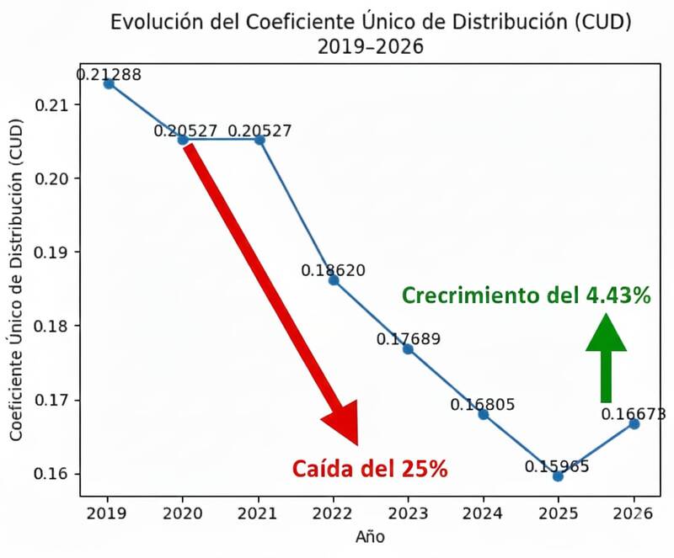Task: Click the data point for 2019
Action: tap(109, 83)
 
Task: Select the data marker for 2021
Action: tap(259, 139)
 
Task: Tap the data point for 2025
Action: tap(558, 476)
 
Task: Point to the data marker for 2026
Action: tap(634, 423)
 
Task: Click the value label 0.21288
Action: tap(109, 74)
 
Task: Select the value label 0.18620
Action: tap(334, 270)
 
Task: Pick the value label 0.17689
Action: tap(408, 339)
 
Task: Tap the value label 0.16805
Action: tap(483, 405)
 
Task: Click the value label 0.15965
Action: tap(557, 465)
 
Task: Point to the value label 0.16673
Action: tap(633, 413)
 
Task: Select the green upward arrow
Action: tap(606, 358)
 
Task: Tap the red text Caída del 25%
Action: tap(370, 469)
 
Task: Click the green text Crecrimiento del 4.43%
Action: tap(526, 295)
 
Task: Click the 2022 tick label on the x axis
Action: tap(334, 513)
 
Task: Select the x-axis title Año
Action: tap(371, 535)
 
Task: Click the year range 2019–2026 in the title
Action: tap(370, 47)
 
